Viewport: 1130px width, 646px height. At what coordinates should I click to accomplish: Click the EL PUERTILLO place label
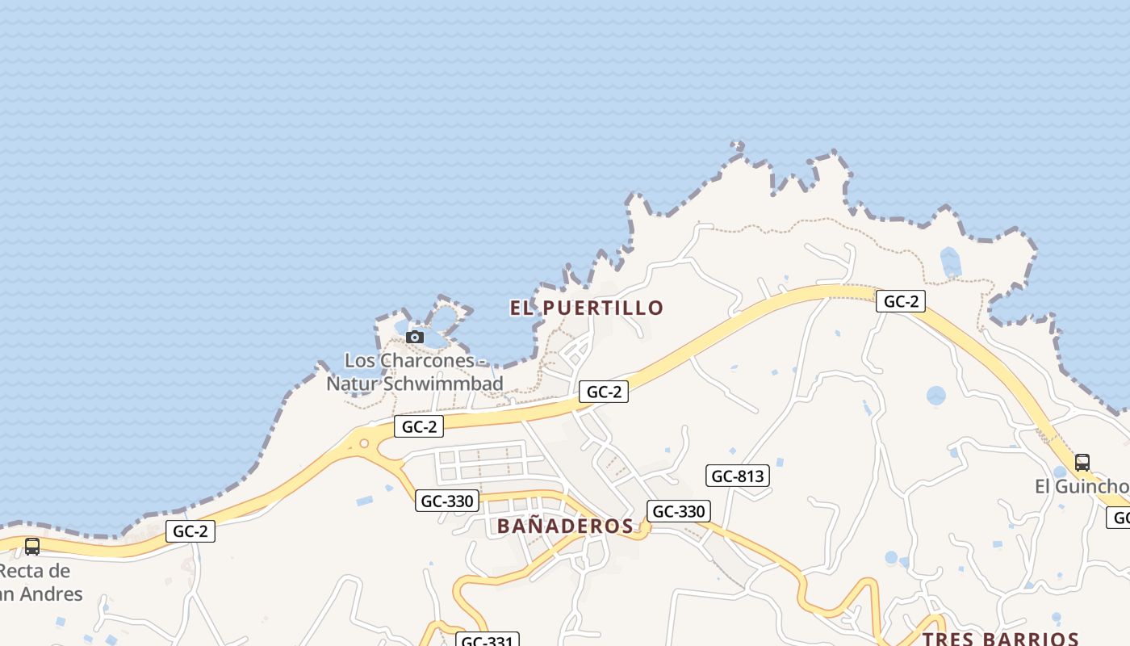(x=587, y=308)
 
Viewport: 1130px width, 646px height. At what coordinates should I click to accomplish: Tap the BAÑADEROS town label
(x=565, y=526)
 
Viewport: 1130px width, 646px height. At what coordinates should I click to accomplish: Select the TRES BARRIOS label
(x=1001, y=639)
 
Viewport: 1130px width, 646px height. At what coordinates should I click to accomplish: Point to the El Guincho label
(x=1082, y=487)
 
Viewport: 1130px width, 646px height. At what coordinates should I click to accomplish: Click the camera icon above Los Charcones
(x=415, y=337)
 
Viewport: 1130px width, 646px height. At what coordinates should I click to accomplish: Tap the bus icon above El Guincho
(x=1082, y=463)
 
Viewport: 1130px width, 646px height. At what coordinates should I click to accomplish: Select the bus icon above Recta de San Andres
(x=32, y=547)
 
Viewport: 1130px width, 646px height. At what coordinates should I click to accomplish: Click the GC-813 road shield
(x=738, y=476)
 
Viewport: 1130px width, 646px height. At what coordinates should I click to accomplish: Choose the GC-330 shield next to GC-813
(x=679, y=511)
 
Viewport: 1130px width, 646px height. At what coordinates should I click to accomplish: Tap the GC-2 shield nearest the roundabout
(x=419, y=426)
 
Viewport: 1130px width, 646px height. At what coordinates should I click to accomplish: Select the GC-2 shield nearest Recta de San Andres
(x=190, y=531)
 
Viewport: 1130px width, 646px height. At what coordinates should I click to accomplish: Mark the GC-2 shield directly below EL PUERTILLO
(x=604, y=392)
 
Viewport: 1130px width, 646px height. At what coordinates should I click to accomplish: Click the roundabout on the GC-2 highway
(x=364, y=443)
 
